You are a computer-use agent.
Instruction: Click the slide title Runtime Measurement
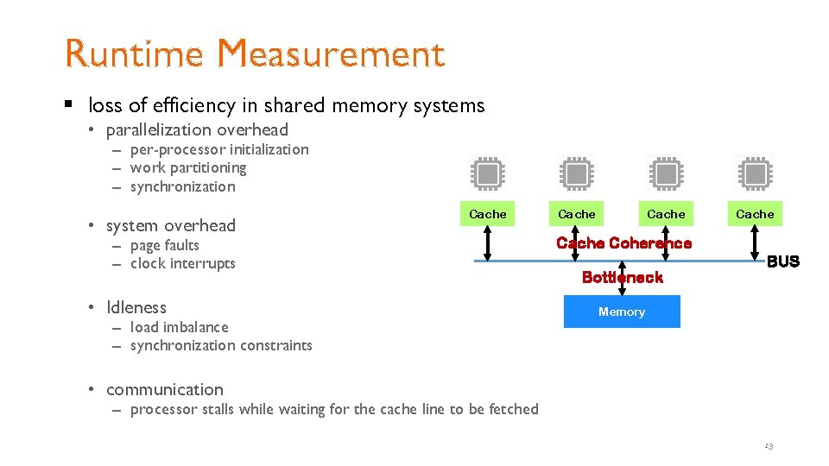click(x=255, y=54)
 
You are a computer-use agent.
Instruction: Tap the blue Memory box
click(x=622, y=312)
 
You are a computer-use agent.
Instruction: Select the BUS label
click(x=782, y=261)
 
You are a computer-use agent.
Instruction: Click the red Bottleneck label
click(x=622, y=277)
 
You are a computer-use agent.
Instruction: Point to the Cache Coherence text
click(x=623, y=243)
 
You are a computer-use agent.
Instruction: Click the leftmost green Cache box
click(x=488, y=213)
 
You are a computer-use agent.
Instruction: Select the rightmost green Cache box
click(x=755, y=213)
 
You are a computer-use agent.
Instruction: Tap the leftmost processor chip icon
click(x=488, y=173)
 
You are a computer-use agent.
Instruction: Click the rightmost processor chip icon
click(x=755, y=173)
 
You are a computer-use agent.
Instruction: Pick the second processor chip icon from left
click(x=577, y=173)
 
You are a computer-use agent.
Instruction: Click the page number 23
click(x=768, y=446)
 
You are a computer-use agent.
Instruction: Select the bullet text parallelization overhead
click(x=197, y=130)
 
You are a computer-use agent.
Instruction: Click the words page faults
click(x=164, y=245)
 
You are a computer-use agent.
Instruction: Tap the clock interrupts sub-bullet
click(x=182, y=263)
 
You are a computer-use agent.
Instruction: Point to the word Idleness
click(x=136, y=307)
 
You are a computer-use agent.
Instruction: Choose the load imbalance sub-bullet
click(x=179, y=327)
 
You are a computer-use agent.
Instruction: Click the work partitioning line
click(x=187, y=167)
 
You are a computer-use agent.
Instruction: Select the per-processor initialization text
click(x=218, y=149)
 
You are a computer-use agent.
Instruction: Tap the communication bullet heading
click(x=164, y=389)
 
